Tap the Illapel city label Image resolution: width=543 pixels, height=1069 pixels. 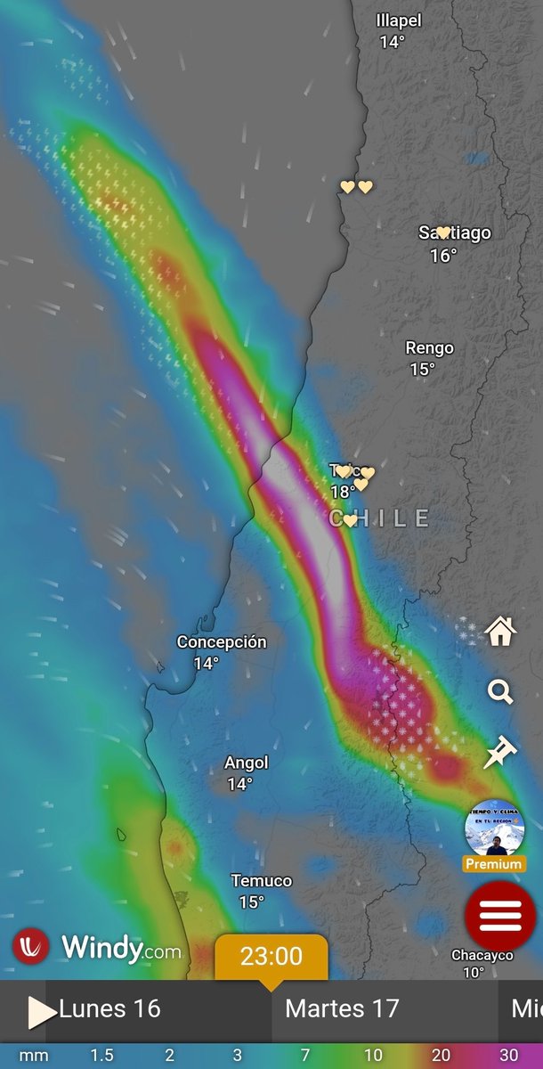click(398, 20)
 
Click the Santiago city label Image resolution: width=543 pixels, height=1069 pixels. click(455, 233)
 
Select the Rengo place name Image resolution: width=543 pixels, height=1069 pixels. click(429, 348)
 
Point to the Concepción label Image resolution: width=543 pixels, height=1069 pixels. click(222, 642)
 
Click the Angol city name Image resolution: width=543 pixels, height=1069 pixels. click(246, 763)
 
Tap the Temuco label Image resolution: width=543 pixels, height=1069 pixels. click(262, 881)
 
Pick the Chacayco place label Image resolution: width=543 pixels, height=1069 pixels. click(482, 955)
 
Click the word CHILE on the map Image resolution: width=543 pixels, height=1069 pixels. click(380, 518)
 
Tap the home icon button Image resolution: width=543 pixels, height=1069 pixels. click(500, 632)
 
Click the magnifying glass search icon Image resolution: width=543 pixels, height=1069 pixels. click(500, 691)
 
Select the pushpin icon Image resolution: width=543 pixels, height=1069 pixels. click(500, 752)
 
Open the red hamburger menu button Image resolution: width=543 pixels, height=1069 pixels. click(500, 916)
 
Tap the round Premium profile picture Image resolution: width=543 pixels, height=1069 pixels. click(494, 828)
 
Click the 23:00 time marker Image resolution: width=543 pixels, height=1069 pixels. click(271, 958)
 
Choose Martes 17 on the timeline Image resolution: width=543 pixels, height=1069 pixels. click(342, 1008)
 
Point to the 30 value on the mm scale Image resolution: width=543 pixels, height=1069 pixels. click(508, 1056)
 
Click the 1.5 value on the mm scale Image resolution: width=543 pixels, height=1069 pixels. click(101, 1056)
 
